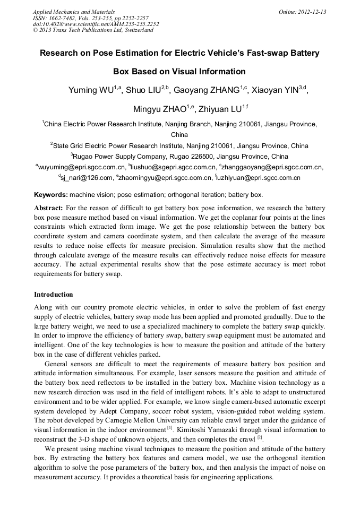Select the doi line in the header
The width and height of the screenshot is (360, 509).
(x=96, y=24)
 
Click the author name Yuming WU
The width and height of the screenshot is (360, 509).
(x=91, y=90)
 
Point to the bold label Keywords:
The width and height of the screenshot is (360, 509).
(x=51, y=195)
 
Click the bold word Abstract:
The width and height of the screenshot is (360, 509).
(x=48, y=208)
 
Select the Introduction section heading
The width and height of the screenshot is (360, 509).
(x=54, y=294)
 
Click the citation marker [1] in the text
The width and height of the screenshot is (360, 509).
(x=170, y=428)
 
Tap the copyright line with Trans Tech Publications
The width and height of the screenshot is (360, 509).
(x=93, y=30)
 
